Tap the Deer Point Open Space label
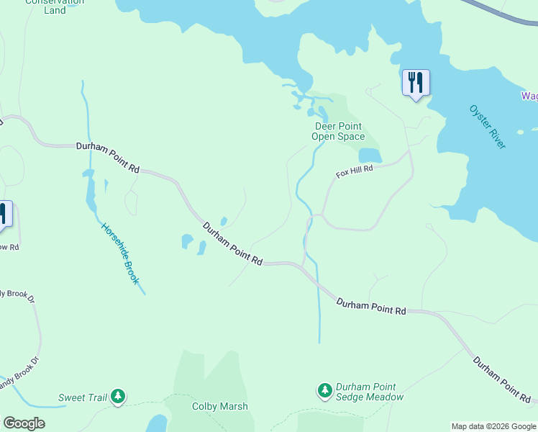pos(339,131)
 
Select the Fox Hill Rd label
pos(355,172)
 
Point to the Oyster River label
pos(488,127)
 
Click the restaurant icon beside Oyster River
pos(415,83)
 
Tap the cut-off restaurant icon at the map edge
pos(4,215)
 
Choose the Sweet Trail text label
pos(82,397)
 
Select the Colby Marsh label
pos(219,406)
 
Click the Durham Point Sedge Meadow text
pos(370,392)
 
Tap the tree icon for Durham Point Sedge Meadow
pos(325,390)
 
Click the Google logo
pos(24,423)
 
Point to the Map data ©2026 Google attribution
pos(493,426)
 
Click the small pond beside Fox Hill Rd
pos(369,156)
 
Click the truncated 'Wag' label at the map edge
pos(529,96)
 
